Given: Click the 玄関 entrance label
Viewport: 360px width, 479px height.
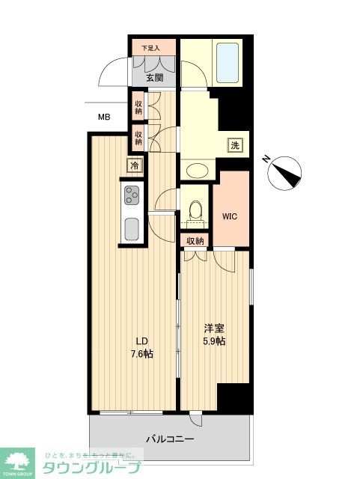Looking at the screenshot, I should pos(154,77).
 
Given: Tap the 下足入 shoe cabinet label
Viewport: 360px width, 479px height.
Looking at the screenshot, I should pos(152,49).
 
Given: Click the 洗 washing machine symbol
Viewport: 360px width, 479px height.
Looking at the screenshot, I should pos(236,145).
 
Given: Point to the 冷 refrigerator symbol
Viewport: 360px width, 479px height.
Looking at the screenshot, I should pos(135,164).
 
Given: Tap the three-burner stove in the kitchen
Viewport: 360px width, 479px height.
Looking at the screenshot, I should pos(132,195).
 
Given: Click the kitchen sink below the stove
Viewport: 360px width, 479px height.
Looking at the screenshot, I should pos(132,228).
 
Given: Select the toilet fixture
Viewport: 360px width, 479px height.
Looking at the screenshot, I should pos(197,211).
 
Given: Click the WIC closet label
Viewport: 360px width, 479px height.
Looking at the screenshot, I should pos(230,216).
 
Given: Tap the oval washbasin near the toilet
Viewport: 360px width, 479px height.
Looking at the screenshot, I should pos(196,170).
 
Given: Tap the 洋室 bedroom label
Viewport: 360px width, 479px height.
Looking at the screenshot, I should pos(214,329).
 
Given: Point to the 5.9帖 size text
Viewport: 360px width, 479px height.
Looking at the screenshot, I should pos(214,341).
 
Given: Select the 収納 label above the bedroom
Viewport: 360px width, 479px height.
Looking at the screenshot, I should pos(195,241).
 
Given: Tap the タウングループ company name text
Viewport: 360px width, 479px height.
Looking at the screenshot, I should pos(91,468).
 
